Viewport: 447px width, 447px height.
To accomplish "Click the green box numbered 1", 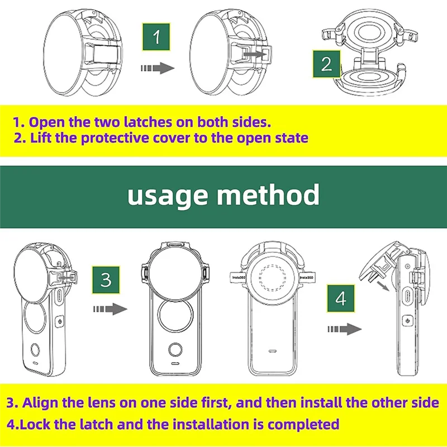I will coord(157,37).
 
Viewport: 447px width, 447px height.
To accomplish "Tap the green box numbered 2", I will coord(326,64).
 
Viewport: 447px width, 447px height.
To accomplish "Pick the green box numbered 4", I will coord(341,299).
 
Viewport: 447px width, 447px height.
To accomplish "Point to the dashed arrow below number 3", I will coord(109,309).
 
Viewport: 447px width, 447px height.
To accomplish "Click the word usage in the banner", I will coord(167,195).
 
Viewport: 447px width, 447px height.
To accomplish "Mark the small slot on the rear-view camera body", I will coord(273,351).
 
